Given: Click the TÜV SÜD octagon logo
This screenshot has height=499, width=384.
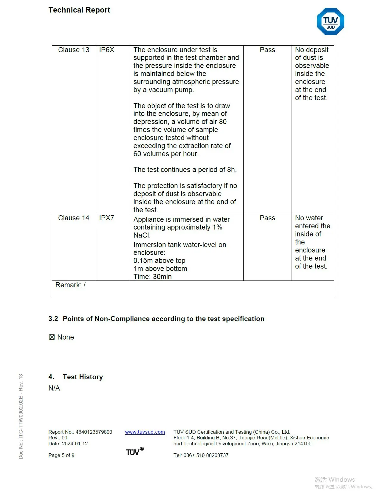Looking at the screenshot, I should pos(330,22).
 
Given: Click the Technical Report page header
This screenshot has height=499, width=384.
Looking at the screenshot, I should pos(79,10).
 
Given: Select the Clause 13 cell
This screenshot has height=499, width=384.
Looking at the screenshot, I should pos(74,50).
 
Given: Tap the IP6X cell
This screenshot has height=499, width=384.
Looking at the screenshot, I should pos(106,50).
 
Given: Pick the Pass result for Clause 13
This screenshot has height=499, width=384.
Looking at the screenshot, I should pos(267,50).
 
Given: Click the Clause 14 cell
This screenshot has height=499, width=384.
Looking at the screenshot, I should pos(74,218).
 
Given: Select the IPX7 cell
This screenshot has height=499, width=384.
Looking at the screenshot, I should pos(106,218).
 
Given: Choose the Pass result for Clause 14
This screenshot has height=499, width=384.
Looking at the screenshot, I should pos(267,218).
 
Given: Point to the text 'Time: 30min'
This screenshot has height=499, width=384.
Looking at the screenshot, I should pos(152,277).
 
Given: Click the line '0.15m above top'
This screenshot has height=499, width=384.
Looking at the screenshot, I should pos(159,261).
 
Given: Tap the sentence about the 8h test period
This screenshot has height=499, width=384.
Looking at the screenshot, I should pos(185,170).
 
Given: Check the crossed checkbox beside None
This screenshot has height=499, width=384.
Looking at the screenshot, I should pos(52,337).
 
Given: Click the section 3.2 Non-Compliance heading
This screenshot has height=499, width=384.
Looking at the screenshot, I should pos(156,319).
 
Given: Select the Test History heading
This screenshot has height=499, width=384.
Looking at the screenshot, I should pos(83,377).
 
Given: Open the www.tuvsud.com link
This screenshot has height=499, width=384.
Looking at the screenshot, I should pos(145,432).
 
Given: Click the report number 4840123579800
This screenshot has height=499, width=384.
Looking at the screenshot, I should pos(94,432).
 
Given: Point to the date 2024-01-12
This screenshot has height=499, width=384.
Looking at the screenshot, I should pos(75,444).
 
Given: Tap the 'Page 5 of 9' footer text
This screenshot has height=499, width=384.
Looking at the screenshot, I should pos(61,455).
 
